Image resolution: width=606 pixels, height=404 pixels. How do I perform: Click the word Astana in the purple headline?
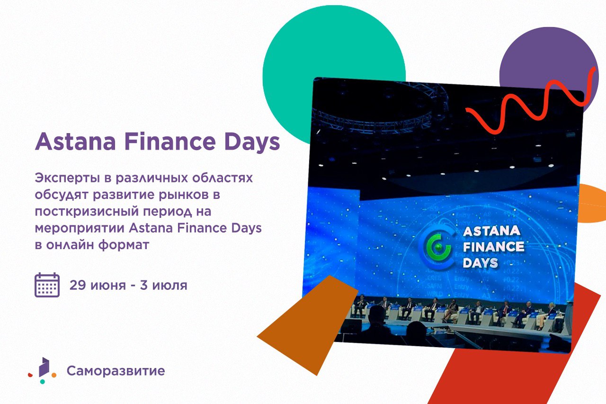coord(75,142)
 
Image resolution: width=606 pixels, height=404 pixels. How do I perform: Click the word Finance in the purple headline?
coord(170,141)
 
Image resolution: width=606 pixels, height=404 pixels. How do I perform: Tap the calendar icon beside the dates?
coord(47,285)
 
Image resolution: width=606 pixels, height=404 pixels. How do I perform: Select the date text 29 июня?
coord(98,285)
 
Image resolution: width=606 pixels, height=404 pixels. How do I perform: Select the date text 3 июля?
coord(164,285)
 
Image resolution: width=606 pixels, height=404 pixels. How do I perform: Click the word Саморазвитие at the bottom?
coord(116,371)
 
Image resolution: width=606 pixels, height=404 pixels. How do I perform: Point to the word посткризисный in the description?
coord(87,212)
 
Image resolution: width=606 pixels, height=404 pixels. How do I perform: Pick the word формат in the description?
coord(124,245)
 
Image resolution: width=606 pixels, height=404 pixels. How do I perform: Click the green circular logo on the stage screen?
coord(436,247)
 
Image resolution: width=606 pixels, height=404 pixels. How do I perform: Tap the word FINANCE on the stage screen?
coord(493,246)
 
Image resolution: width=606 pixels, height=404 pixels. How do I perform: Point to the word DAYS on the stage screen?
coord(481,263)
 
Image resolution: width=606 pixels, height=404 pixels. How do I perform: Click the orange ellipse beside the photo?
coord(592,203)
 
